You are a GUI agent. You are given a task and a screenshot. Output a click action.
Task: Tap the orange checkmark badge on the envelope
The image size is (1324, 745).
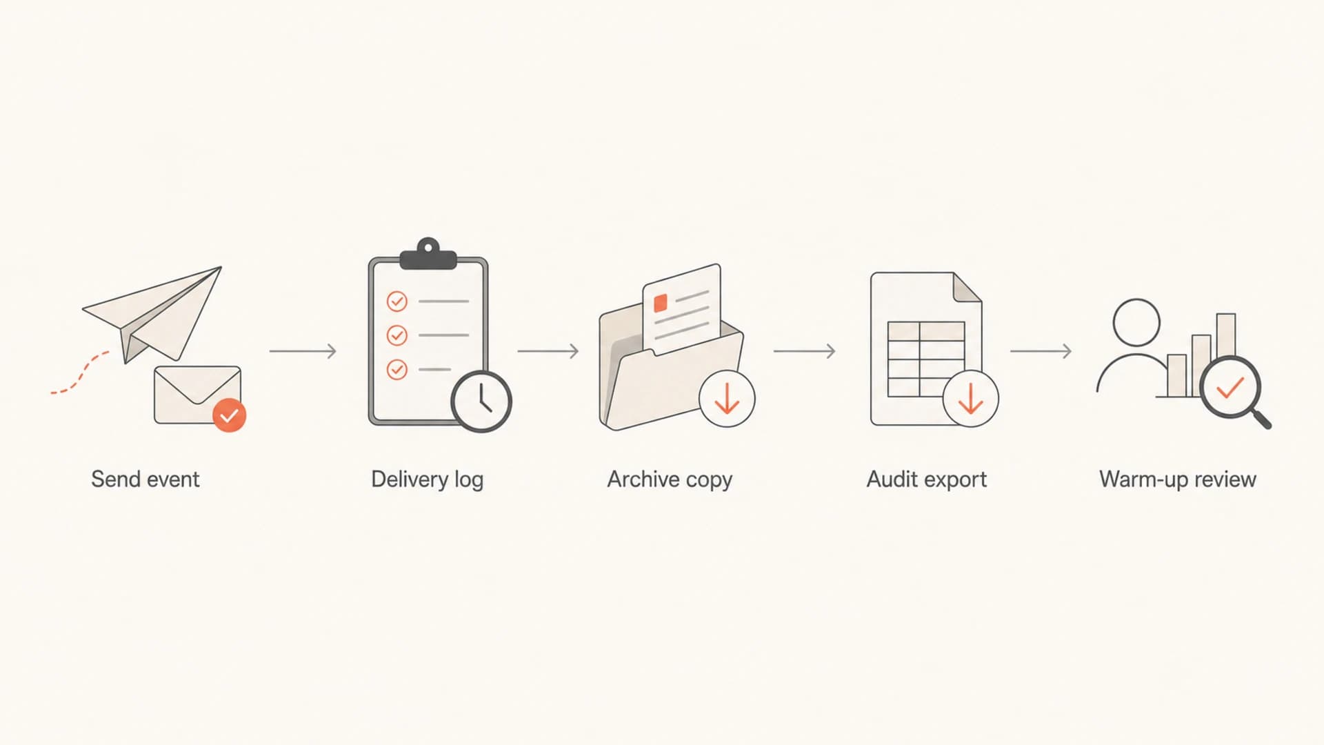229,415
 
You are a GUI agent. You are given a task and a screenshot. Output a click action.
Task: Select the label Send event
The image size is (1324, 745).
145,479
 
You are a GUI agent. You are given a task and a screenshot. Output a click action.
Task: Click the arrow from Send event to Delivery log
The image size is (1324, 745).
303,351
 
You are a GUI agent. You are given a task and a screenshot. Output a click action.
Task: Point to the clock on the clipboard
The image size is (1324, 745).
481,401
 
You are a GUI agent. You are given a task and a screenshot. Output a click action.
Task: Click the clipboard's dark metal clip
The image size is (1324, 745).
428,256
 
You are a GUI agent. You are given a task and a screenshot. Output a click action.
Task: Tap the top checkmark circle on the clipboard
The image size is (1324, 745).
397,301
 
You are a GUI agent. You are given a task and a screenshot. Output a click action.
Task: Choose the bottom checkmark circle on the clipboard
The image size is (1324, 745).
397,370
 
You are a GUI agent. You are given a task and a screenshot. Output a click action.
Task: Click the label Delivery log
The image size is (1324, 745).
427,479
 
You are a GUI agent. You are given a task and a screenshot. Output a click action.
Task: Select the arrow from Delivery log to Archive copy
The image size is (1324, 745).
548,351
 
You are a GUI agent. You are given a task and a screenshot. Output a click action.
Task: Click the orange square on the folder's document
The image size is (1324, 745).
661,303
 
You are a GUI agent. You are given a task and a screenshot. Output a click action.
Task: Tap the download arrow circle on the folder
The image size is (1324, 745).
727,399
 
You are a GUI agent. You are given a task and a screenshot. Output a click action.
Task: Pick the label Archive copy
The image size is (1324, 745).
670,479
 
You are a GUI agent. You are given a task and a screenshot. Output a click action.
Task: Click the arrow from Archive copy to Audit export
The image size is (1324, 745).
804,351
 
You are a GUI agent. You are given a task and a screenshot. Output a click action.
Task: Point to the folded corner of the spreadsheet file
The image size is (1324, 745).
967,287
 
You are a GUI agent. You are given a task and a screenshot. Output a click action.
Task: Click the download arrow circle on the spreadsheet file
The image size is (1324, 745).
971,399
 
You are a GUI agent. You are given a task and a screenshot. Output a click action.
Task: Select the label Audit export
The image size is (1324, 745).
926,479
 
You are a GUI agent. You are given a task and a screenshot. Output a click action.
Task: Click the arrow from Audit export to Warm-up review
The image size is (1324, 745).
1041,351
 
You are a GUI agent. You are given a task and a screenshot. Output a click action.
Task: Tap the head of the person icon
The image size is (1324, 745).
1136,322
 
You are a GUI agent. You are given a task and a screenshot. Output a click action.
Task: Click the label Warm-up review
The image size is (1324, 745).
1178,479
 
